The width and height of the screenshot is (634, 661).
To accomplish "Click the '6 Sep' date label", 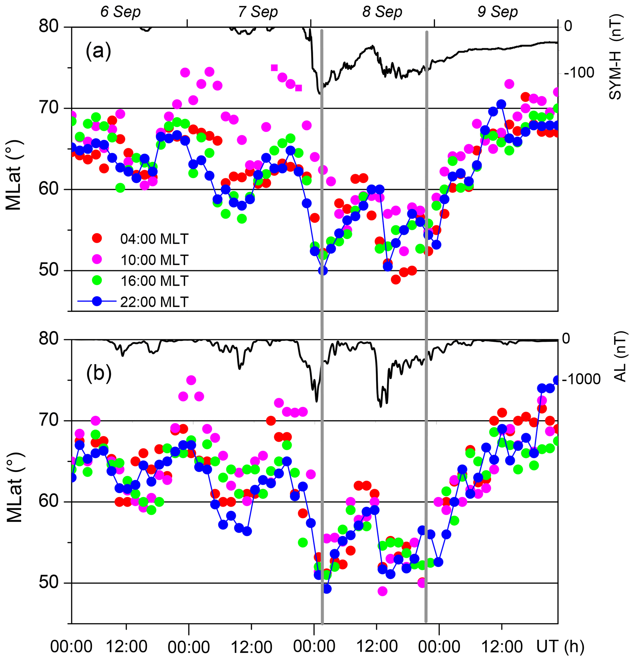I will (x=120, y=12).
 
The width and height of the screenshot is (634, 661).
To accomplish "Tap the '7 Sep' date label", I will (x=258, y=12).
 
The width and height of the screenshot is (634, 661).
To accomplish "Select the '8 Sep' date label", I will (x=382, y=12).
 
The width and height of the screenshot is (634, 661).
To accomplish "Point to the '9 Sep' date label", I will (x=497, y=12).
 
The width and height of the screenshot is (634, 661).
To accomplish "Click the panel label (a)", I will (x=98, y=52).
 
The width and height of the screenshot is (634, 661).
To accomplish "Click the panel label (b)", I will (x=99, y=374).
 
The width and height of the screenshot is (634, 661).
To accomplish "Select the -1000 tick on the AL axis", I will (x=580, y=379).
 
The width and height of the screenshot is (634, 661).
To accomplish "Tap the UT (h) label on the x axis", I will (x=560, y=646).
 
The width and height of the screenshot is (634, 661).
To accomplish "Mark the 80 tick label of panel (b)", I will (x=49, y=339).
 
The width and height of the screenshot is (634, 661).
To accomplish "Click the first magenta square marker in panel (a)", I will (x=274, y=68).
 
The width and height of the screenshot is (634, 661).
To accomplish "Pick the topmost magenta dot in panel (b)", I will (x=191, y=380).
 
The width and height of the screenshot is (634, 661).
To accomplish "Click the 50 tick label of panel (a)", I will (x=49, y=270).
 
